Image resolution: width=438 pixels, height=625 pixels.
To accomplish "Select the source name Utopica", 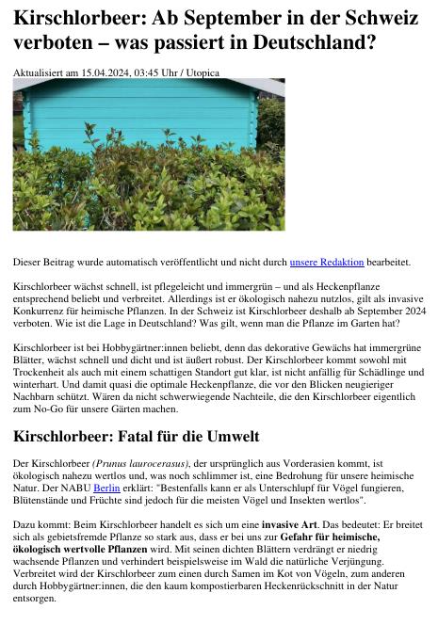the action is click(x=203, y=72).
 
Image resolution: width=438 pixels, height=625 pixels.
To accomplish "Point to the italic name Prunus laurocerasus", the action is click(x=141, y=464).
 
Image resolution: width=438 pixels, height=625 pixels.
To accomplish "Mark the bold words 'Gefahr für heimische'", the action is click(x=331, y=536).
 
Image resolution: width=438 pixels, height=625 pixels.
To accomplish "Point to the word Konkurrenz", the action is click(x=43, y=311).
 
